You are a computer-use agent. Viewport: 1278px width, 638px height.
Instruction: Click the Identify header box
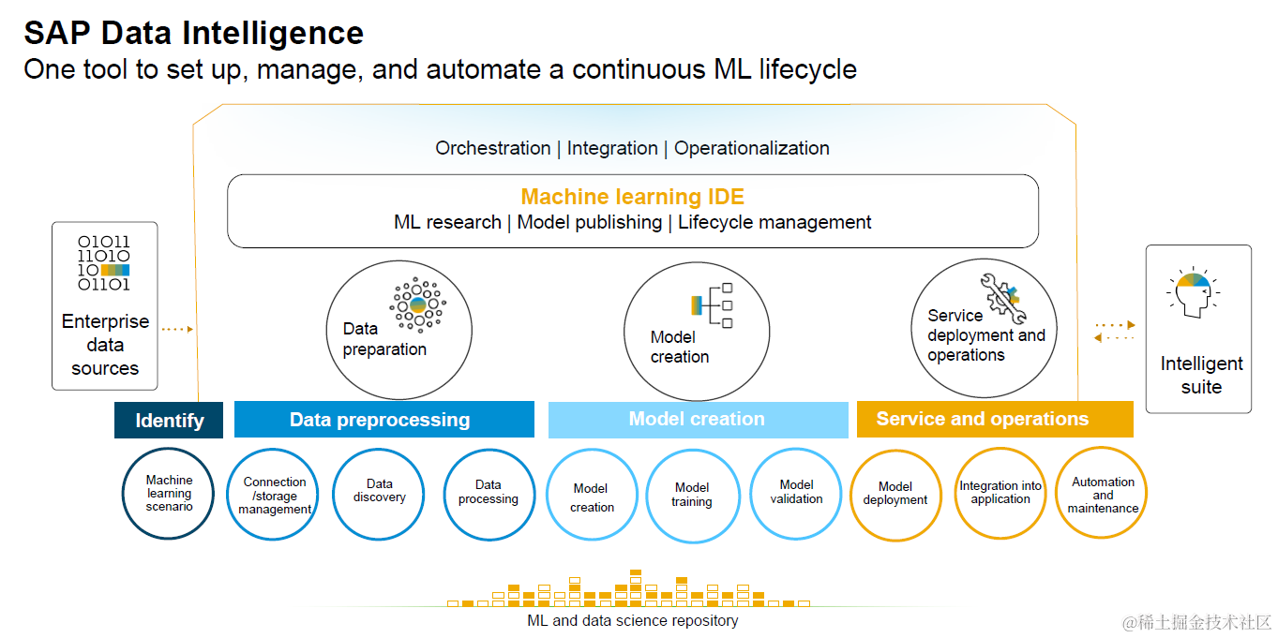pyautogui.click(x=169, y=420)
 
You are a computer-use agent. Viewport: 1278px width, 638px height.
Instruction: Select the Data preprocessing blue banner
pyautogui.click(x=383, y=420)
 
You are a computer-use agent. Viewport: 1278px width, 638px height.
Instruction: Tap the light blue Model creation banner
pyautogui.click(x=697, y=419)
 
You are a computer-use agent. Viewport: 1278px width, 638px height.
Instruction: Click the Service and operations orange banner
pyautogui.click(x=994, y=419)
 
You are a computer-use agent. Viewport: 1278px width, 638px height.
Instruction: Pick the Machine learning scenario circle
pyautogui.click(x=169, y=494)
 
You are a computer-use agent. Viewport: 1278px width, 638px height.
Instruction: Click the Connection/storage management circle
pyautogui.click(x=275, y=496)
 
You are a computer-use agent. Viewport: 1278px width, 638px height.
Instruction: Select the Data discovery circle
pyautogui.click(x=380, y=494)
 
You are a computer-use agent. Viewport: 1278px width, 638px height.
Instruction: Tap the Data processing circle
pyautogui.click(x=489, y=494)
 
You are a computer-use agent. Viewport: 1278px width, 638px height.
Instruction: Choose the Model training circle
pyautogui.click(x=692, y=496)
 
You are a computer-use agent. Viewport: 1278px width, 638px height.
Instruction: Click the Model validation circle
pyautogui.click(x=796, y=494)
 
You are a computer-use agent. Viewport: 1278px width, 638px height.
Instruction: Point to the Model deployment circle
pyautogui.click(x=895, y=496)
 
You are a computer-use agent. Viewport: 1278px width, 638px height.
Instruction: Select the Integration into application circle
pyautogui.click(x=1000, y=494)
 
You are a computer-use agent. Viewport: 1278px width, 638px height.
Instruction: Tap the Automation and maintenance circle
pyautogui.click(x=1103, y=494)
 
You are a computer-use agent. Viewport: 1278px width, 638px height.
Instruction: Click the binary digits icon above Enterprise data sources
pyautogui.click(x=104, y=263)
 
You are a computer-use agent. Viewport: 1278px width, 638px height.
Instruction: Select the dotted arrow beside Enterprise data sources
pyautogui.click(x=177, y=329)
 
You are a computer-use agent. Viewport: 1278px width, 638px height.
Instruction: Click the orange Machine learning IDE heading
pyautogui.click(x=632, y=197)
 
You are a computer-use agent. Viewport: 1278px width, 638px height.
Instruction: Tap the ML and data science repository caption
pyautogui.click(x=633, y=620)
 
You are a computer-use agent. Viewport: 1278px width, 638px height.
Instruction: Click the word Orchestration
pyautogui.click(x=492, y=148)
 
